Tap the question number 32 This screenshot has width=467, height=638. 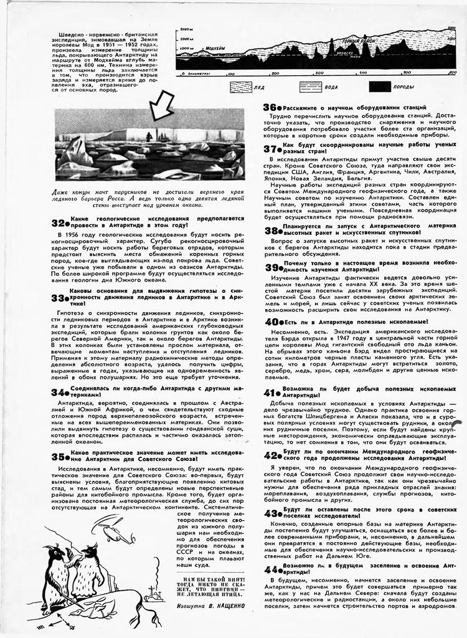pos(59,222)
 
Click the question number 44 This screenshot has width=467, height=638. pos(271,570)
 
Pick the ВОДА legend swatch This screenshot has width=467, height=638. pos(311,87)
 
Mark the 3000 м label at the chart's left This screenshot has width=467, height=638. pos(186,29)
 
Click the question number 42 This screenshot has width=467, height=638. pos(271,455)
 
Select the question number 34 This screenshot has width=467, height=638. pos(59,393)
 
